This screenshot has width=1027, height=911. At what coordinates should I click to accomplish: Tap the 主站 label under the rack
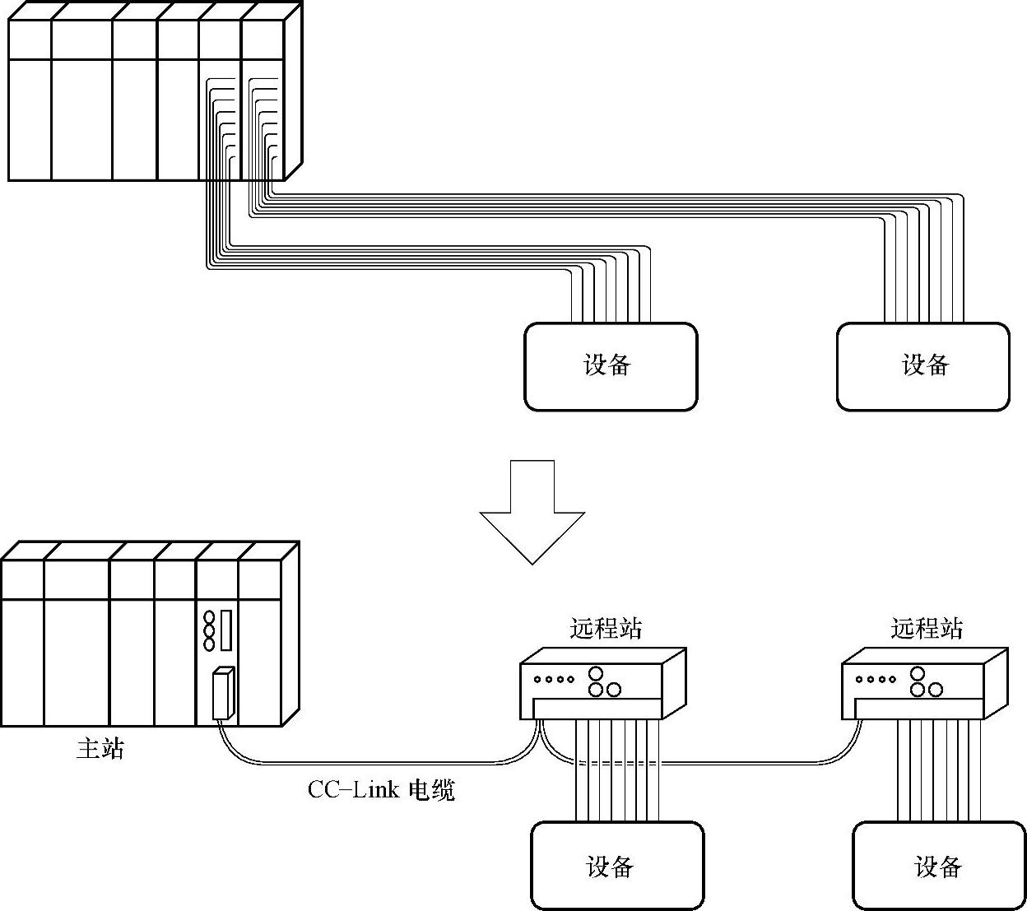(x=100, y=748)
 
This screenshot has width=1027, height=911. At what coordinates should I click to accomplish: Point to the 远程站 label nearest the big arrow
(x=606, y=629)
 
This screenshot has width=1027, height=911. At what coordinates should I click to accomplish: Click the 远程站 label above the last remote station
(x=926, y=629)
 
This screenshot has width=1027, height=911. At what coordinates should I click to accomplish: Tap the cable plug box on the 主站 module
(x=222, y=695)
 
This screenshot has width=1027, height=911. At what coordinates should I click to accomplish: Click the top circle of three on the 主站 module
(x=209, y=617)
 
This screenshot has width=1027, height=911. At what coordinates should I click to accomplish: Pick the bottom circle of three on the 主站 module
(x=209, y=644)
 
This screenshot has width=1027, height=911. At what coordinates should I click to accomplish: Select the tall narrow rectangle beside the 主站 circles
(x=226, y=630)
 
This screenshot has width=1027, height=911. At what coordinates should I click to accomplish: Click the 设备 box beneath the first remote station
(x=617, y=866)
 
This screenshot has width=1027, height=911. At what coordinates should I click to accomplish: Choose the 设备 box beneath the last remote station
(x=937, y=866)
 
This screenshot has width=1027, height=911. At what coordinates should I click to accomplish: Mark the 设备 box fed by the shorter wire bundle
(x=611, y=366)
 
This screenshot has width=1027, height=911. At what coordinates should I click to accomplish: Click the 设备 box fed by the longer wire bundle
(x=922, y=366)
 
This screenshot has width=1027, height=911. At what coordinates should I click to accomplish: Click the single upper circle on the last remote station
(x=918, y=674)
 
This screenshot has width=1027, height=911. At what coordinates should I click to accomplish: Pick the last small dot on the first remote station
(x=570, y=680)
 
